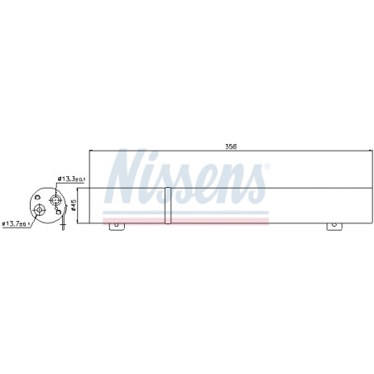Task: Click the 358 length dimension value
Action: tap(231, 146)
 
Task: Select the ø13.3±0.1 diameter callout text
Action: tap(71, 180)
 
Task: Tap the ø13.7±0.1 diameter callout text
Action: tap(16, 223)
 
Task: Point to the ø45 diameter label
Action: tap(74, 205)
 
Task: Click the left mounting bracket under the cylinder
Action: tap(117, 227)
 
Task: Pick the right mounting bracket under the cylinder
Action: tap(334, 227)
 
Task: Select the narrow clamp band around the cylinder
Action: tap(168, 205)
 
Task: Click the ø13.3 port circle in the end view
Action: tap(55, 200)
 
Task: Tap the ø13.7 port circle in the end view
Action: tap(39, 210)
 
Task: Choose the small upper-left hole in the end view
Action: tap(38, 197)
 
